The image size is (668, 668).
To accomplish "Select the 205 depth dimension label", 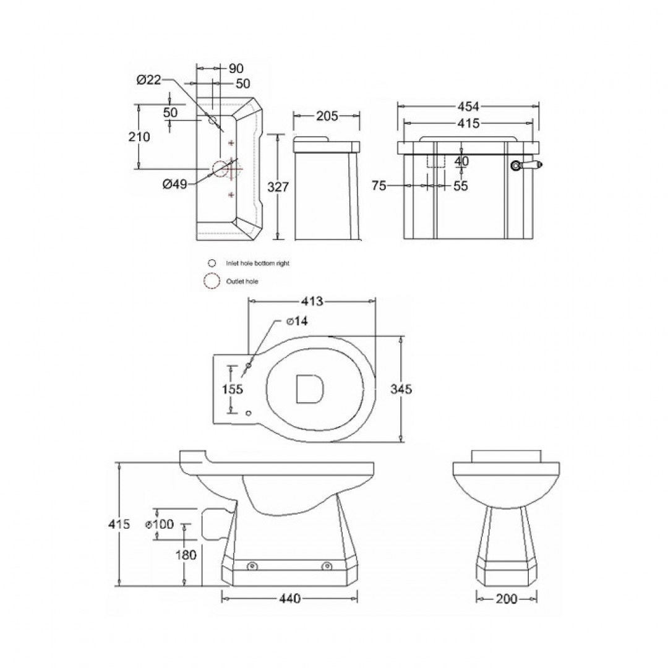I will tap(326, 116).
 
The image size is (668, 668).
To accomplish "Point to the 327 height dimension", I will tap(280, 187).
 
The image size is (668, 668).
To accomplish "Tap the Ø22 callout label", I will tap(148, 79).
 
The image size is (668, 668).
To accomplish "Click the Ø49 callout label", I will tap(176, 184).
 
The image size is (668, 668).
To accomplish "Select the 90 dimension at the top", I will tap(236, 68).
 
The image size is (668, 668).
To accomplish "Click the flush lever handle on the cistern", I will tap(526, 165).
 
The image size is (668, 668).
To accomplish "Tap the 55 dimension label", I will tap(460, 185).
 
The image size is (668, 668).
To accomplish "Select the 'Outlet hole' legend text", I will tap(242, 281).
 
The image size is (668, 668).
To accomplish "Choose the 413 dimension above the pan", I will tap(312, 301).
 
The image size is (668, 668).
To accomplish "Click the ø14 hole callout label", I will tap(296, 321).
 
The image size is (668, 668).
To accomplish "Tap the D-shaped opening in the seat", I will tap(309, 390).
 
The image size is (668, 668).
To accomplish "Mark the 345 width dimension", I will tap(401, 389).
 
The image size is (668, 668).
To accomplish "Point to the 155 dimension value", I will tap(233, 389).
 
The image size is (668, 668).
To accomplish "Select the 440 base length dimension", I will tap(289, 598).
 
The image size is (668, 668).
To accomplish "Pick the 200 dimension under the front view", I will tap(506, 598).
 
